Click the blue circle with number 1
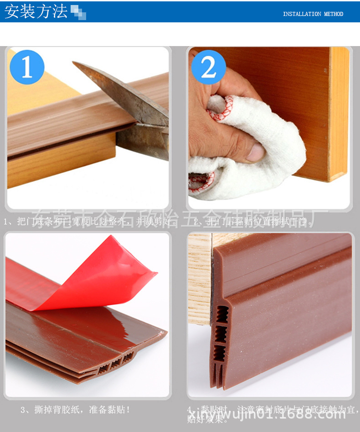[x=27, y=67]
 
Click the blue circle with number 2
[x=208, y=68]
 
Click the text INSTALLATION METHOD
[x=313, y=14]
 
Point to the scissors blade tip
[x=76, y=64]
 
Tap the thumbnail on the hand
[x=256, y=152]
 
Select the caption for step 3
[x=75, y=410]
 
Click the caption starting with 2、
[x=253, y=222]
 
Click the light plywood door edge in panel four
[x=200, y=278]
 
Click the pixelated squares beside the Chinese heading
[x=78, y=13]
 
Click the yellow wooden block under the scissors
[x=59, y=167]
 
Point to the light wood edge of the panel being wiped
[x=339, y=114]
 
